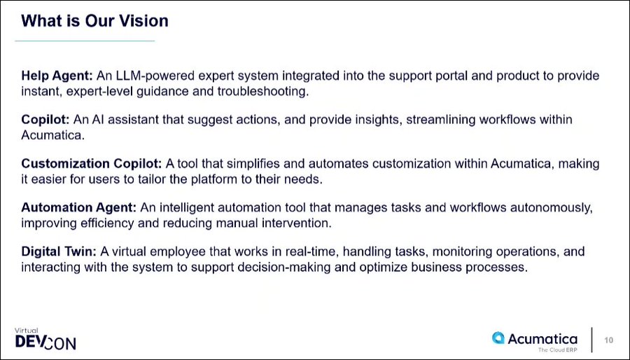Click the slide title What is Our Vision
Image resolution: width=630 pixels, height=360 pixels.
(94, 21)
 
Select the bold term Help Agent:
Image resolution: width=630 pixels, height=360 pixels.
(57, 76)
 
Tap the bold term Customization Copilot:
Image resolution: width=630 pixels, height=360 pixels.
(92, 164)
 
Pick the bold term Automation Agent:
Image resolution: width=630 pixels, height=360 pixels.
(79, 208)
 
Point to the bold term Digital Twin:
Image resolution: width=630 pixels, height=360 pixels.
(59, 252)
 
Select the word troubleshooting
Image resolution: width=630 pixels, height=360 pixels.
(262, 92)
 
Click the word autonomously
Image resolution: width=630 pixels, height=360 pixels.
(552, 208)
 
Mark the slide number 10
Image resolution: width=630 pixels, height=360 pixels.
(609, 340)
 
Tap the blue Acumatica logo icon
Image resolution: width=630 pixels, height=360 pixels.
(498, 338)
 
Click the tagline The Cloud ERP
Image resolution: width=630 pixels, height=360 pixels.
(557, 350)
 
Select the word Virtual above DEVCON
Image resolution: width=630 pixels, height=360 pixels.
(26, 331)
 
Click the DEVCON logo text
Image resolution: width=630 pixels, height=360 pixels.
(45, 342)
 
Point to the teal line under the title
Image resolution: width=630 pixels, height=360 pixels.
(85, 41)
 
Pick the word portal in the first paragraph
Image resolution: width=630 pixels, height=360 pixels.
(452, 76)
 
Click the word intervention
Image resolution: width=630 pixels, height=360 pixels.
(297, 223)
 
